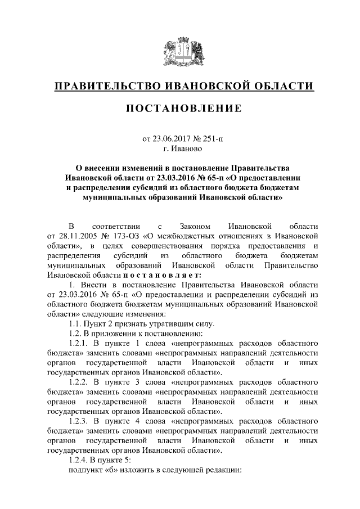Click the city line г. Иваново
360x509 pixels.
[179, 150]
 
